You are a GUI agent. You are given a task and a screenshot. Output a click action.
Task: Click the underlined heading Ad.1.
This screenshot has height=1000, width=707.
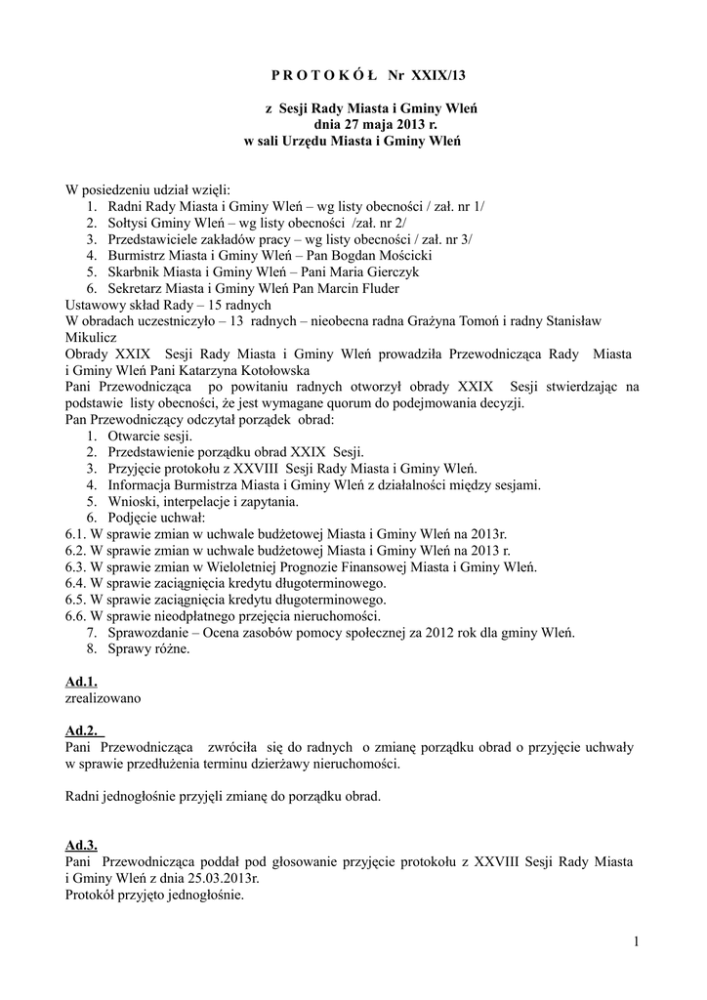pos(81,682)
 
